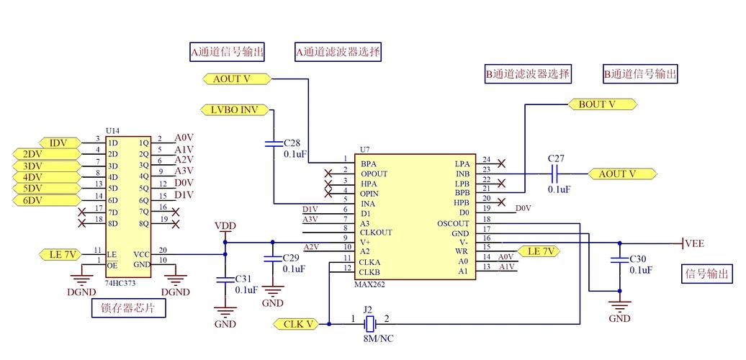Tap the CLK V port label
(297, 325)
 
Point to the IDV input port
(58, 143)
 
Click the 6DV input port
(34, 200)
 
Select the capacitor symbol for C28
(274, 144)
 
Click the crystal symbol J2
(370, 324)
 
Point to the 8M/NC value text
(378, 338)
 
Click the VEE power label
(693, 243)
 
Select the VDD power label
(225, 226)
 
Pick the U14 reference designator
(113, 131)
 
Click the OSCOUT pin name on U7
(453, 224)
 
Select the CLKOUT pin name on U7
(377, 233)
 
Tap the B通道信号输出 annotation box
(640, 73)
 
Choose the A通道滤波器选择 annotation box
(338, 52)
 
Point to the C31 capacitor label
(243, 279)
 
